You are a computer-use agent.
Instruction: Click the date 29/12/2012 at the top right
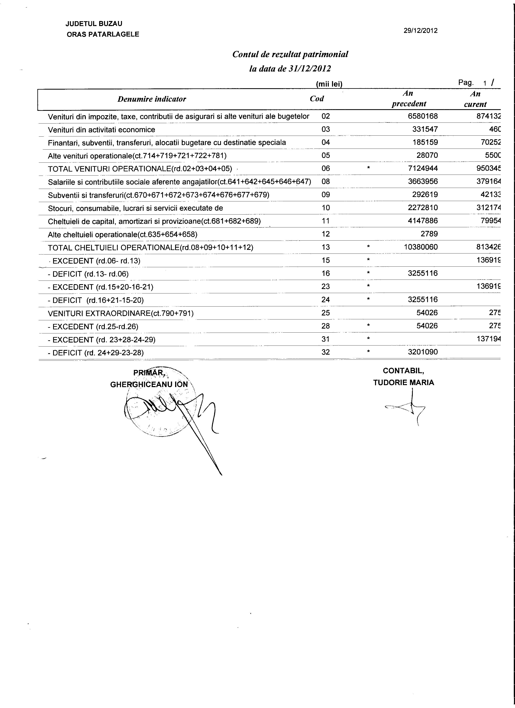(420, 31)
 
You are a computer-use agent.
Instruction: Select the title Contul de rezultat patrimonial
(290, 54)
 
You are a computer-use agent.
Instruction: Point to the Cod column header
(317, 99)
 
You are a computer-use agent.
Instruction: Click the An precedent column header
(409, 99)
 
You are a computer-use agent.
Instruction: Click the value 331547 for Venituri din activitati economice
(425, 129)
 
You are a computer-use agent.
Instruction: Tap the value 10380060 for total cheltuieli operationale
(421, 247)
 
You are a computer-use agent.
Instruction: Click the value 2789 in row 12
(429, 234)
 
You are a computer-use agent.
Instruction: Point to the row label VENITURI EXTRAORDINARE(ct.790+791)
(121, 313)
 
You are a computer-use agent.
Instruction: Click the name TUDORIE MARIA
(404, 383)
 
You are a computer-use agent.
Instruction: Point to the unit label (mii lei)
(329, 84)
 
